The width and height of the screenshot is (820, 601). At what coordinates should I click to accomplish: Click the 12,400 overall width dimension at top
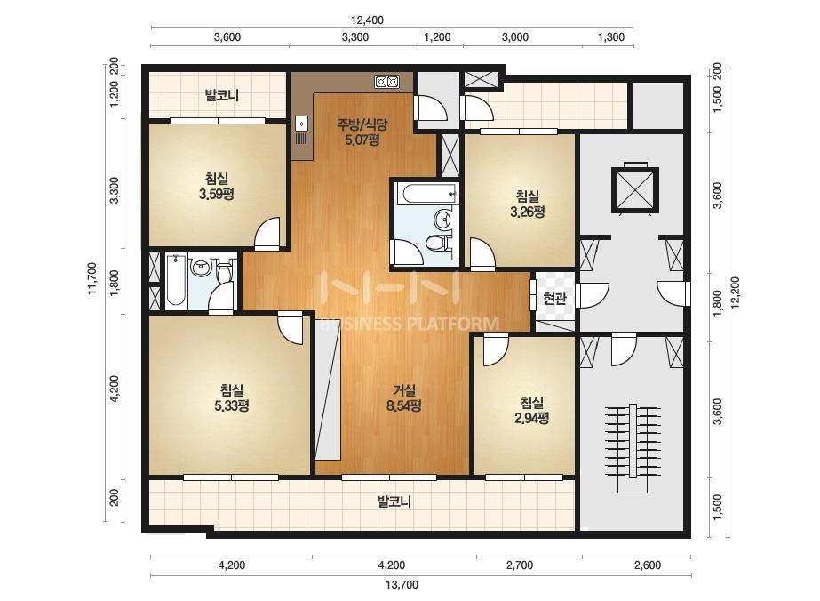367,20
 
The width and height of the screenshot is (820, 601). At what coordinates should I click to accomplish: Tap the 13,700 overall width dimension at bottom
402,585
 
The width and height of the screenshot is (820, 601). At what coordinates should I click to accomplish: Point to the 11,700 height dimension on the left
92,278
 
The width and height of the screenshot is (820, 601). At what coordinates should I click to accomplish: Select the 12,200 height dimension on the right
736,292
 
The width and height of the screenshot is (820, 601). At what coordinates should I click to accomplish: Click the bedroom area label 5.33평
231,405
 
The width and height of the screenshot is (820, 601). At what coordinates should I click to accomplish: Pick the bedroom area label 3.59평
216,195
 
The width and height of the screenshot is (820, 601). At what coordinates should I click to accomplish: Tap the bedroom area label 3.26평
528,212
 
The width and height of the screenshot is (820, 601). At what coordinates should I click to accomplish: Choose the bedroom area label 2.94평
532,418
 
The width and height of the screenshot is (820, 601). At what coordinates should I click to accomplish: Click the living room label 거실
403,390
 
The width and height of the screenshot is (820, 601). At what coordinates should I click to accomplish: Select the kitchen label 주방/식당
362,124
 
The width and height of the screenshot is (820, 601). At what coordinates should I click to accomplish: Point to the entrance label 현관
554,299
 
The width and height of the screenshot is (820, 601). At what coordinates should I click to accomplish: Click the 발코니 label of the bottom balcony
394,501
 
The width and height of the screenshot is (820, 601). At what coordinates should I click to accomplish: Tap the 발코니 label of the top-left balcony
222,95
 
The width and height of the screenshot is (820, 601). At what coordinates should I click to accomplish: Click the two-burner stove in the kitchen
387,82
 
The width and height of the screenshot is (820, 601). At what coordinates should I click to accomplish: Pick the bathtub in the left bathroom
175,281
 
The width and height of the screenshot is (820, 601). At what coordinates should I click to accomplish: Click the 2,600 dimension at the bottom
648,565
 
